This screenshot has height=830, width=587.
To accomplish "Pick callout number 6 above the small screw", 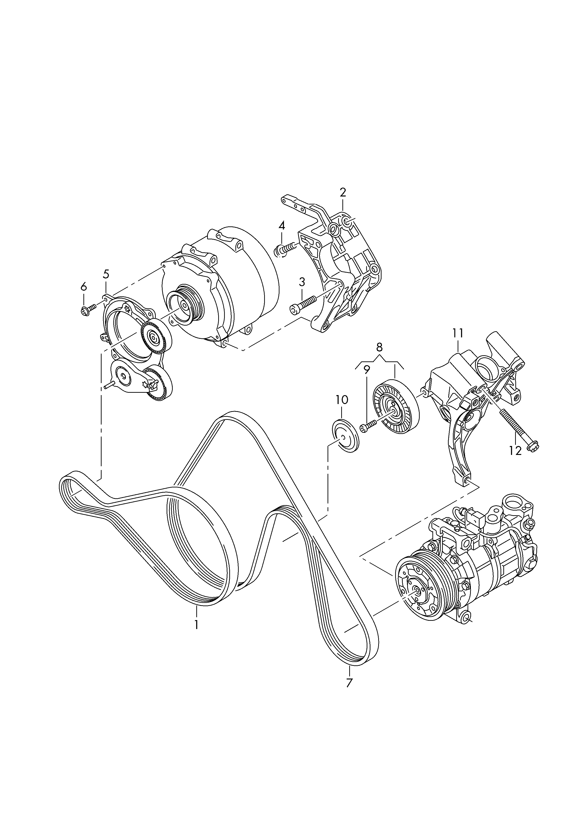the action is (84, 287).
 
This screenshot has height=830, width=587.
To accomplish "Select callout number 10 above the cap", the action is (342, 400).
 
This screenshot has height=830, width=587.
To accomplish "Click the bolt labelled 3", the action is (303, 304).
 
